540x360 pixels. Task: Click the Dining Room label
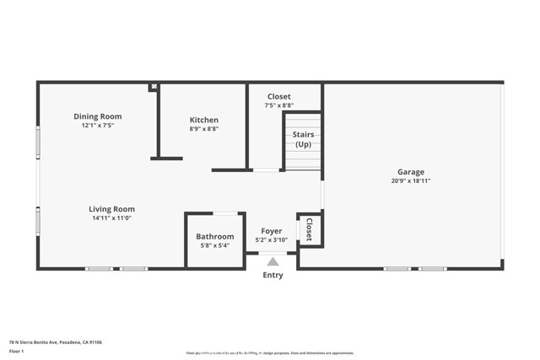98,116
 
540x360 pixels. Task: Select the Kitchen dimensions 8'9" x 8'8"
203,129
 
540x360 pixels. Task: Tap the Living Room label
112,209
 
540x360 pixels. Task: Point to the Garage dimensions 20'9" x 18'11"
411,180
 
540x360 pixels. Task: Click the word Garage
412,171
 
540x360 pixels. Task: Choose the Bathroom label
215,237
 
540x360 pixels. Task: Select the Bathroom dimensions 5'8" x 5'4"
215,246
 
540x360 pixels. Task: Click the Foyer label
272,230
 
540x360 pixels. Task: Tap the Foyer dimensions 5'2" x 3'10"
272,239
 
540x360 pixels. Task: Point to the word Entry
273,275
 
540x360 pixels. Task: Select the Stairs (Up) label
303,139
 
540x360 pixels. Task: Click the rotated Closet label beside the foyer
310,230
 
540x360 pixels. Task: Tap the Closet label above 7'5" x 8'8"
279,97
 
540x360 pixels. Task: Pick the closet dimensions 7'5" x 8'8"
279,106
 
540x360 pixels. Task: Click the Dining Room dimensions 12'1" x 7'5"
98,126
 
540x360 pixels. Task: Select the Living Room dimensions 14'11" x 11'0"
112,218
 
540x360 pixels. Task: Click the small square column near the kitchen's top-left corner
153,86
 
